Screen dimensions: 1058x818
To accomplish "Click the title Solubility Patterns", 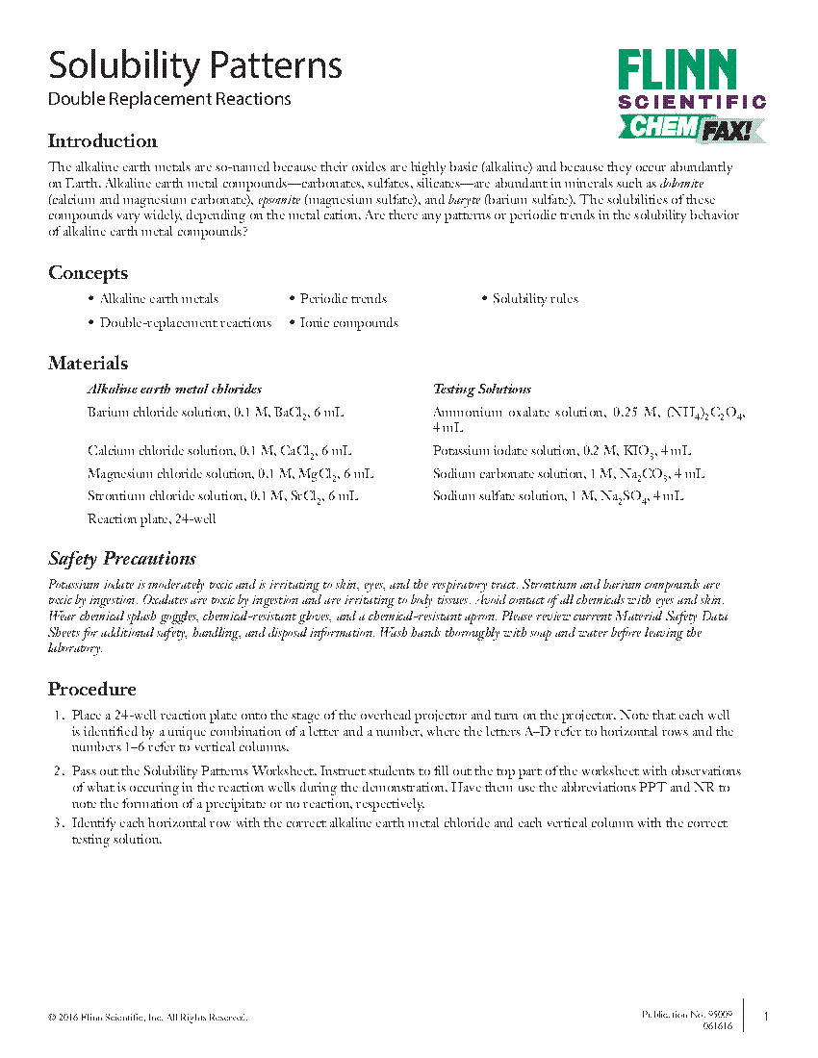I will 195,66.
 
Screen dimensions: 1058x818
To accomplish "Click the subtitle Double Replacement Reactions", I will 169,99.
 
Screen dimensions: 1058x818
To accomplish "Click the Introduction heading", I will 103,141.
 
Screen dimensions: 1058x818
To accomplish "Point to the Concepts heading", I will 89,273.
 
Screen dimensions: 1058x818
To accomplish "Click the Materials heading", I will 89,364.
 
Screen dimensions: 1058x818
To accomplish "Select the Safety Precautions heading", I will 122,559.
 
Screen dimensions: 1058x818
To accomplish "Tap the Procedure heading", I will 92,690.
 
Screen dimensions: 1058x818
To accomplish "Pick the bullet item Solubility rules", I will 535,299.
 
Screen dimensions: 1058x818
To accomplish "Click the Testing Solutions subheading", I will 482,390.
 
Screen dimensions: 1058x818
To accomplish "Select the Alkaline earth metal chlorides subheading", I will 174,390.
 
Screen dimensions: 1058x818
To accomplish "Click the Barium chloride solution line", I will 216,413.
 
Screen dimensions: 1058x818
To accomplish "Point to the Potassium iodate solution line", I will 562,450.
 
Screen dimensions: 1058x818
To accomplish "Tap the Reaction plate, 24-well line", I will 151,519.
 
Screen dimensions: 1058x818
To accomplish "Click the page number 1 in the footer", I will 766,1017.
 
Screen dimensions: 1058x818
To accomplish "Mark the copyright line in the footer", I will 147,1018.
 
